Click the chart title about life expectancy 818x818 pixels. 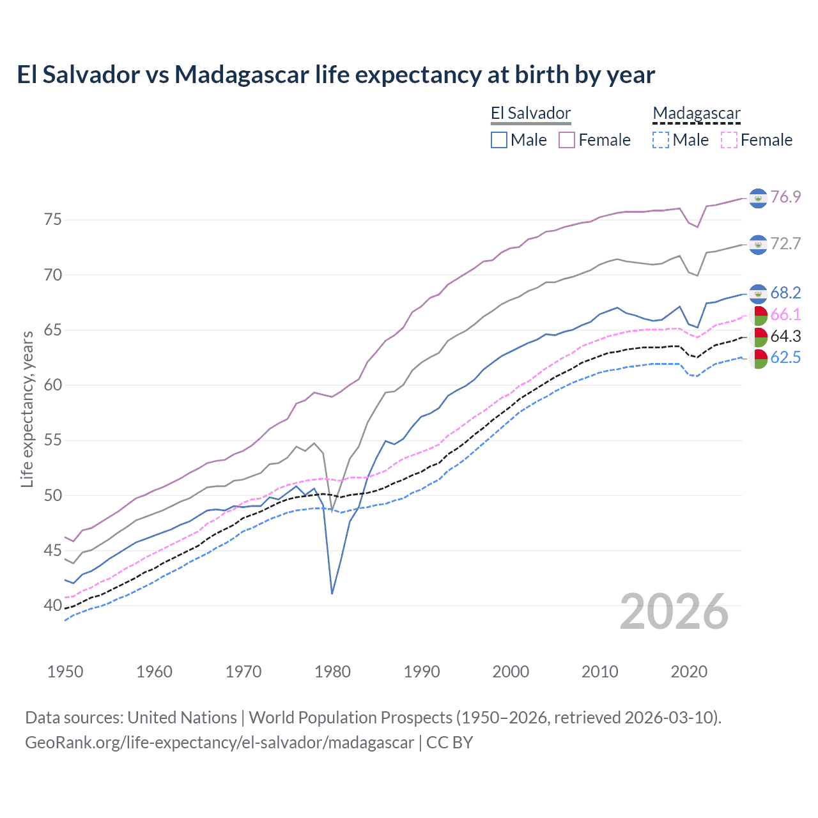(336, 75)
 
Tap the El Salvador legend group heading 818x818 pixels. (530, 114)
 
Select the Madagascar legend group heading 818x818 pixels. (696, 114)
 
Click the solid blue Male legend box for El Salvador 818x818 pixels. (499, 140)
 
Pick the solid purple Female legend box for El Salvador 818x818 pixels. (567, 140)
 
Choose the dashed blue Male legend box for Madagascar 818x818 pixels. (661, 140)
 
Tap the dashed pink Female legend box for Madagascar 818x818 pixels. (729, 140)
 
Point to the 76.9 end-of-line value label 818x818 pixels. (785, 197)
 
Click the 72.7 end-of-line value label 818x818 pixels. (785, 243)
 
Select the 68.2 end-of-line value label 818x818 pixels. (785, 293)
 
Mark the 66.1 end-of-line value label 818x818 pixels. (785, 314)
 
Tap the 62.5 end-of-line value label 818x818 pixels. (785, 357)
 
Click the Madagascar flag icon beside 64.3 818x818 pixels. (758, 337)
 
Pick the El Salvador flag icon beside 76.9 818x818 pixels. (758, 198)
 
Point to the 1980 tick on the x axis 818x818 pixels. (332, 672)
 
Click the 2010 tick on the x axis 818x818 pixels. (599, 672)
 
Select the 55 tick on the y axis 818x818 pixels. (53, 440)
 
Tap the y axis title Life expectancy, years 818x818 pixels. (27, 409)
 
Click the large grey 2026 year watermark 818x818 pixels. (674, 612)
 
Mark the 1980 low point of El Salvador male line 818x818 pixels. (332, 594)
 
